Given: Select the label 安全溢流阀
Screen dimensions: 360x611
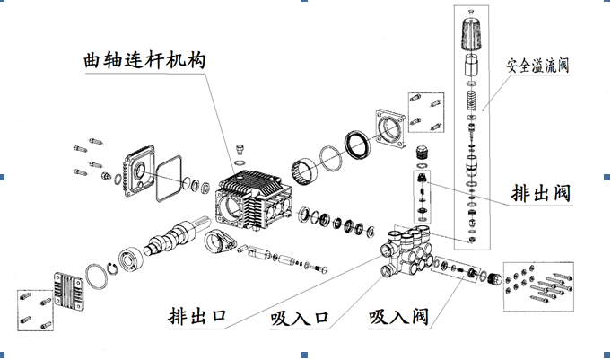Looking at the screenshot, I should (x=538, y=66).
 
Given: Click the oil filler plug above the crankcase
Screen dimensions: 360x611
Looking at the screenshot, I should (x=239, y=148).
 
